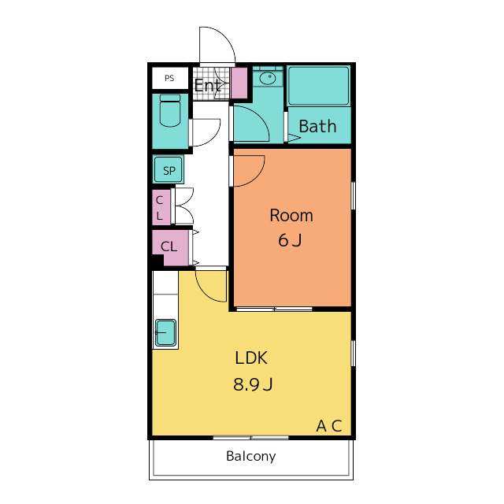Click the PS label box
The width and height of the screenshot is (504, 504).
(169, 78)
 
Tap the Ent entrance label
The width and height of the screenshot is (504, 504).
(206, 85)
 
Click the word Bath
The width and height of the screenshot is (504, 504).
(317, 126)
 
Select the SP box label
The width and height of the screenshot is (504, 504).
(169, 170)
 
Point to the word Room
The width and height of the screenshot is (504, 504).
(291, 215)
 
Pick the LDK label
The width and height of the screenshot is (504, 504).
(251, 358)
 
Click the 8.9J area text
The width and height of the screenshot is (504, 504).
(252, 385)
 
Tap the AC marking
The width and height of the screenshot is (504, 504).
(329, 426)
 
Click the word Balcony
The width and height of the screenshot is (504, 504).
(250, 456)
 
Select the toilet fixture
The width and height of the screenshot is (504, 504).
(170, 111)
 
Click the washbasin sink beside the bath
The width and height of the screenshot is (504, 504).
(268, 78)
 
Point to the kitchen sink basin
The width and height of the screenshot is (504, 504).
(165, 332)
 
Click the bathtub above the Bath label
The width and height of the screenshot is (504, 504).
(318, 86)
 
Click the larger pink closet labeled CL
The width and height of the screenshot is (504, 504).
(170, 246)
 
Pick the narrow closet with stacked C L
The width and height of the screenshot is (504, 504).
(160, 207)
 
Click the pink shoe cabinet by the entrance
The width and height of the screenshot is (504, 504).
(239, 83)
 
